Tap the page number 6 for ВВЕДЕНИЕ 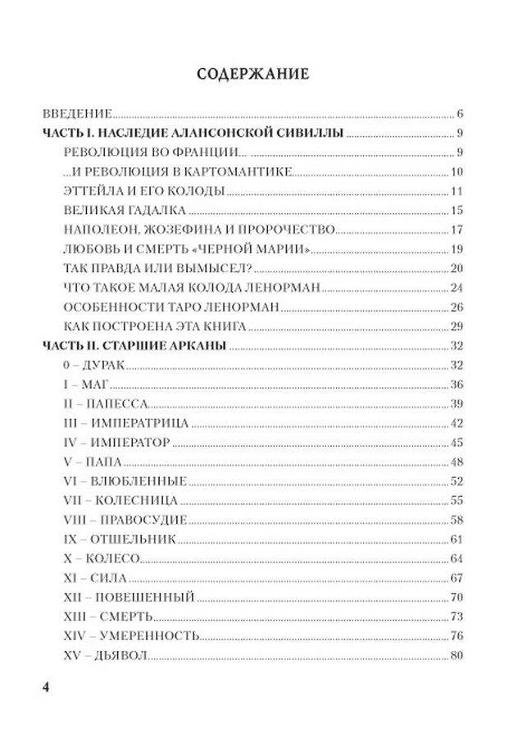(x=461, y=113)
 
